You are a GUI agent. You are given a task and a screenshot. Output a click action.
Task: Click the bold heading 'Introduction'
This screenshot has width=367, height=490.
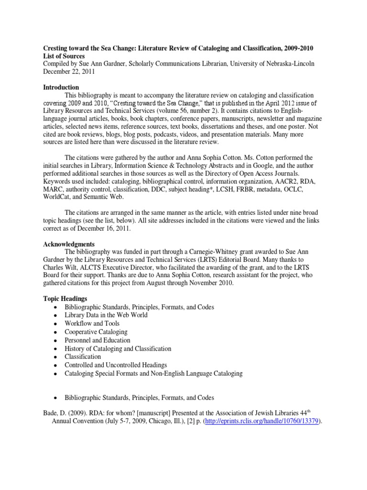pos(61,88)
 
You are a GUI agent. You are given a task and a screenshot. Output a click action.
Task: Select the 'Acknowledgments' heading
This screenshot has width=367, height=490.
pos(69,244)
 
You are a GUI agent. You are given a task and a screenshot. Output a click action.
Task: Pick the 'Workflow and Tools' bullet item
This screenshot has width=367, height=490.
pos(92,323)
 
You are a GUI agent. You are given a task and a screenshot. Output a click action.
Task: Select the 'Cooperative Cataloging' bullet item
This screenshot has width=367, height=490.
pos(96,332)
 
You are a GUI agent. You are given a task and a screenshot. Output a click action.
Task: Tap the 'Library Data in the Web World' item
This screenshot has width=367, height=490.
pos(106,315)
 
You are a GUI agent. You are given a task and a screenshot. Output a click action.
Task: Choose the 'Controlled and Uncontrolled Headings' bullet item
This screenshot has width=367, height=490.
pos(116,365)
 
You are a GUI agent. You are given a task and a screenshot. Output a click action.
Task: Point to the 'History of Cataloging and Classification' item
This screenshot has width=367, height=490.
pos(118,348)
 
